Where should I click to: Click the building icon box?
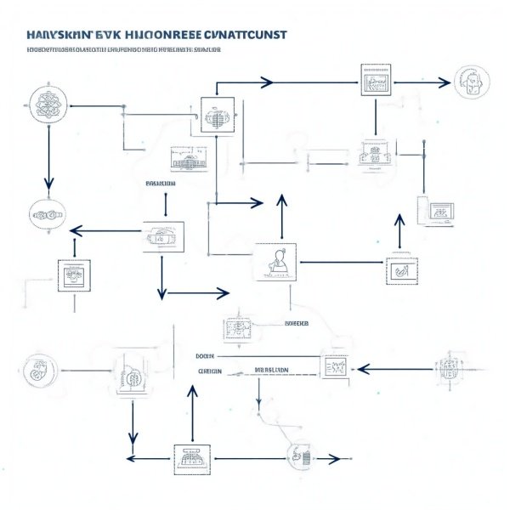pos(189,158)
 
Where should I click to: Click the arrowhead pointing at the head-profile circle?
pos(443,82)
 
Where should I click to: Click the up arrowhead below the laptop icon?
pos(399,219)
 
